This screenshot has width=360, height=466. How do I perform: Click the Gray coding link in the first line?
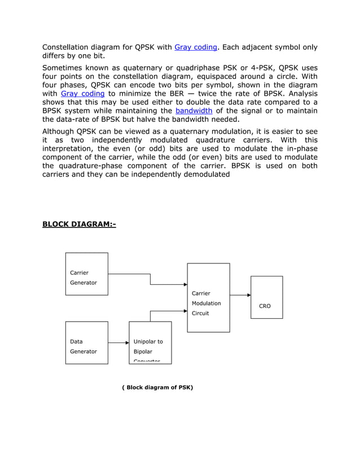point(196,47)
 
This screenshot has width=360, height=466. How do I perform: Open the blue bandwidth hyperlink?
point(194,111)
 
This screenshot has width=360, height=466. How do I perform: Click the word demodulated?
point(204,174)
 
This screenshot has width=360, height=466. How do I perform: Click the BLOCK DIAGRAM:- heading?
point(79,225)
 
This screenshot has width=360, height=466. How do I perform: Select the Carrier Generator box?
point(87,274)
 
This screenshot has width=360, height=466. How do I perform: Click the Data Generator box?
point(87,342)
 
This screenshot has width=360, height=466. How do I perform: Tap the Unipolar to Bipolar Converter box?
point(150,342)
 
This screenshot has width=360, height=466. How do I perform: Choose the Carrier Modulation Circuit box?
point(209,297)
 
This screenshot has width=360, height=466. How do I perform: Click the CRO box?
point(266,297)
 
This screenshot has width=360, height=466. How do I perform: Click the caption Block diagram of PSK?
point(157,388)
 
